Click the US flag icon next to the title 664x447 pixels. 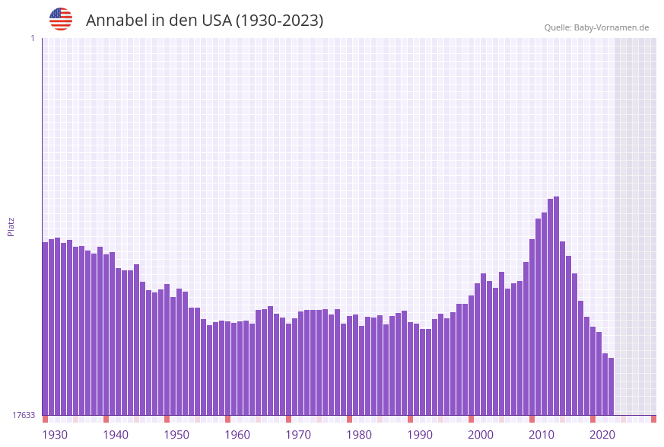coord(61,19)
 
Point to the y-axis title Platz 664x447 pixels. coord(11,226)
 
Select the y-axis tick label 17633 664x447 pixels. coord(24,415)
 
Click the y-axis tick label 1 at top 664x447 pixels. coord(32,39)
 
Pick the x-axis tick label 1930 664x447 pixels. coord(55,435)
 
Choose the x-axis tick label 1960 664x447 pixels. coord(237,435)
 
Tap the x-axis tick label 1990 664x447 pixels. coord(420,435)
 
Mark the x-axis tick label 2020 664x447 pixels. coord(602,435)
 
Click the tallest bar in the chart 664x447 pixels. coord(556,305)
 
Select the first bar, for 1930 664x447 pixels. coord(45,327)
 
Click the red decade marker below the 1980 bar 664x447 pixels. coord(349,419)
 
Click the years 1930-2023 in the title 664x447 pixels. coord(279,21)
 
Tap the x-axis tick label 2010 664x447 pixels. coord(542,435)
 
